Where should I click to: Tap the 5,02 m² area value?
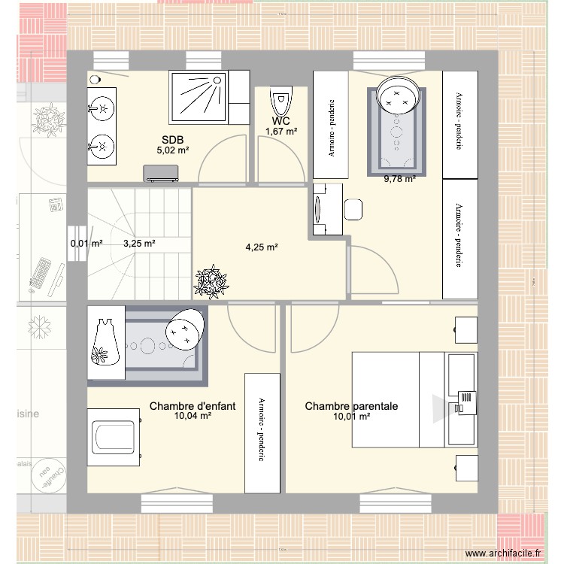pos(172,150)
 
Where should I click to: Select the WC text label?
pos(281,121)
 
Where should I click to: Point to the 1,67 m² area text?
pos(281,132)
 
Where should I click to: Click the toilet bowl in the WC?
pos(281,100)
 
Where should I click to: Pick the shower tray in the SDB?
pos(200,96)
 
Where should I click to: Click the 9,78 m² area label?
pos(399,179)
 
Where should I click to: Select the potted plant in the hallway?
pos(211,281)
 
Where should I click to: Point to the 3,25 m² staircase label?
pos(139,244)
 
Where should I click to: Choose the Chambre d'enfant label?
pos(193,406)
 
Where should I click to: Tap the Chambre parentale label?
pos(351,406)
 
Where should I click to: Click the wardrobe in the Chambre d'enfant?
pos(262,432)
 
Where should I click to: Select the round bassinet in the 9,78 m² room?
pos(396,94)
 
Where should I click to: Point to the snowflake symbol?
pos(38,326)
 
